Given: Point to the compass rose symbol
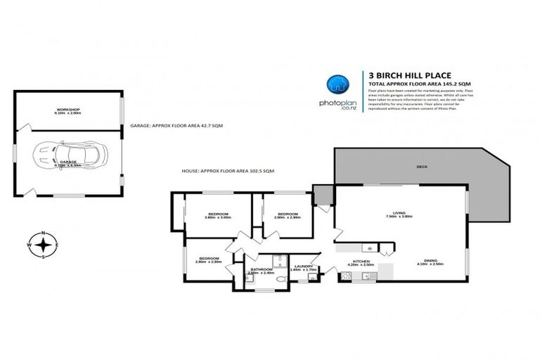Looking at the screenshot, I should [x=44, y=245].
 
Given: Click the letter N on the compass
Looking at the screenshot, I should [x=44, y=233].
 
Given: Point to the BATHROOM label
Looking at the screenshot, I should [x=262, y=269].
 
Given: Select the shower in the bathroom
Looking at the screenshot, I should [x=277, y=260].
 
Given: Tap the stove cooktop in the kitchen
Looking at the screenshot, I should [x=369, y=247].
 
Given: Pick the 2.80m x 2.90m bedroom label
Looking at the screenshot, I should [x=288, y=215].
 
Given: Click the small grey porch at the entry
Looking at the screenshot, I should [x=323, y=194].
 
